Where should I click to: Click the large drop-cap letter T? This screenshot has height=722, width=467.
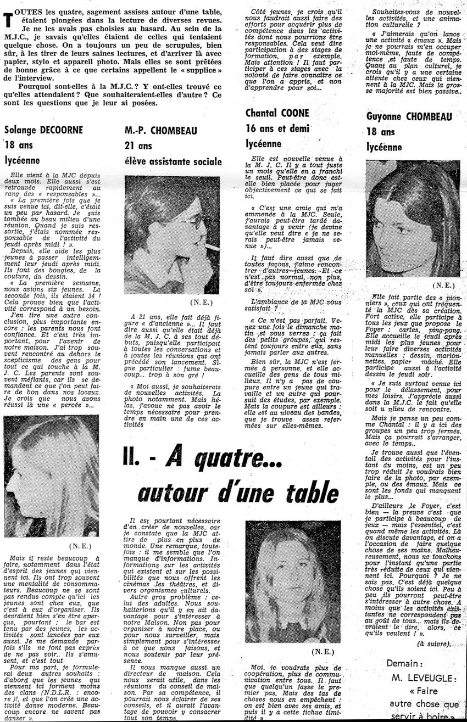(x=8, y=19)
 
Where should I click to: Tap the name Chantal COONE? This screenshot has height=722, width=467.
(x=277, y=113)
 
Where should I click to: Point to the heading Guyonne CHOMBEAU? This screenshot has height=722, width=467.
(x=409, y=116)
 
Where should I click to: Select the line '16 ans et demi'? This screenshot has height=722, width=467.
(x=277, y=129)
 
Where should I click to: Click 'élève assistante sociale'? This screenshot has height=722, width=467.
(x=173, y=161)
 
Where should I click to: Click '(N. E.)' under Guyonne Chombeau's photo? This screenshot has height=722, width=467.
(x=443, y=286)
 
